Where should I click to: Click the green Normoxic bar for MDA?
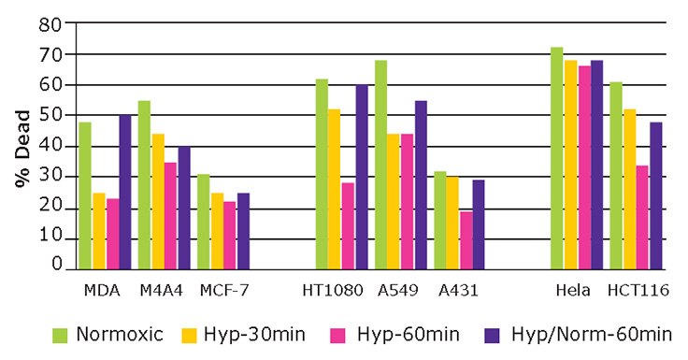click(85, 195)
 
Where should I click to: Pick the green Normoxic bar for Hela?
click(557, 158)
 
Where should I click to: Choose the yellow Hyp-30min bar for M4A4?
click(158, 202)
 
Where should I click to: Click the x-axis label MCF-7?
click(223, 291)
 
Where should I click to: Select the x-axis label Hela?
click(571, 291)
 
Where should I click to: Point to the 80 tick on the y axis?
click(58, 23)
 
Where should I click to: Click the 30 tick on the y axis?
click(58, 177)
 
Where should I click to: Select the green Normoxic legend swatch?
click(61, 334)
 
